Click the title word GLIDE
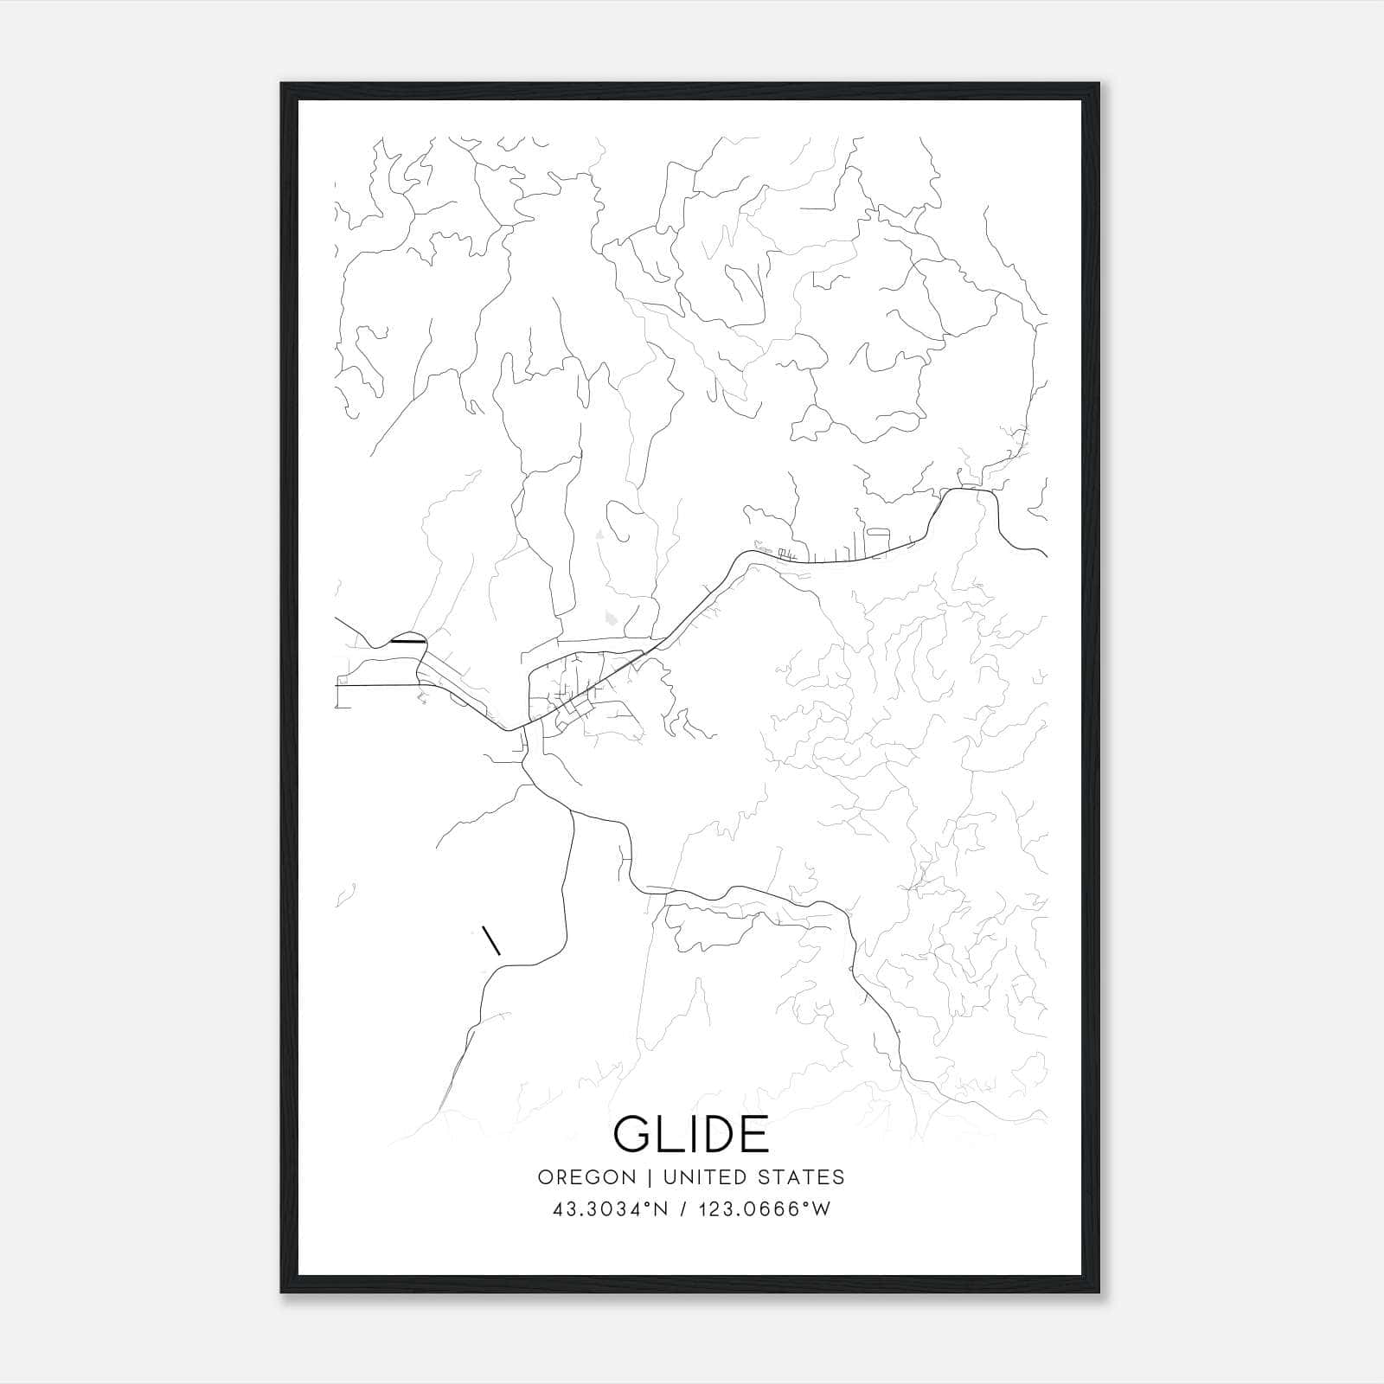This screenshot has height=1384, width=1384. [x=691, y=1134]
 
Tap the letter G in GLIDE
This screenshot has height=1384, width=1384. [x=634, y=1134]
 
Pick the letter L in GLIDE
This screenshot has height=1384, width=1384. [x=666, y=1134]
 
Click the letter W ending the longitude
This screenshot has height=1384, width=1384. [x=822, y=1209]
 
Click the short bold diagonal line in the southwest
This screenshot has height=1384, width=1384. [x=491, y=941]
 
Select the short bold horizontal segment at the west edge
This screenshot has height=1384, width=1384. [x=407, y=641]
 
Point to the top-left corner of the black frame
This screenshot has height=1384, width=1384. [x=283, y=85]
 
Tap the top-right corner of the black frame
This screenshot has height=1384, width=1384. [x=1099, y=85]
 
